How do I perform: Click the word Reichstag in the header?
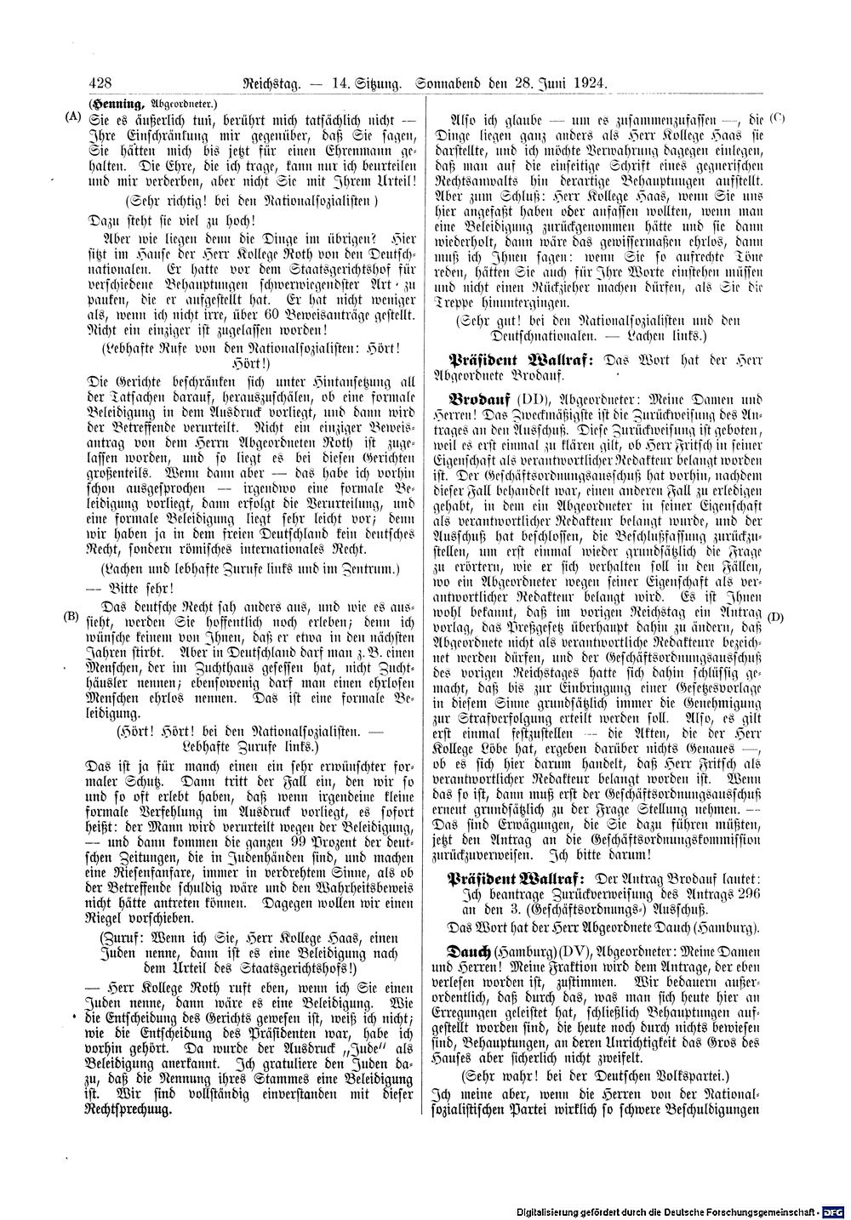pos(271,83)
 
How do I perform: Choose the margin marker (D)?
pos(776,615)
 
